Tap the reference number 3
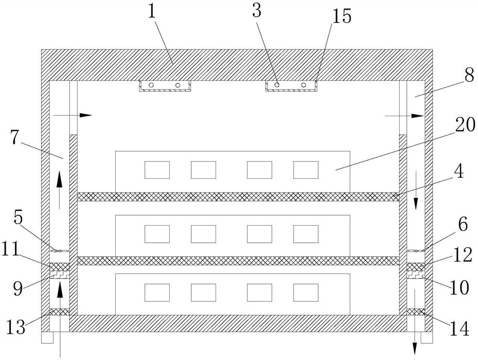[x=257, y=11]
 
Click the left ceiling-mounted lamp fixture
[x=165, y=86]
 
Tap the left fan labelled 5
[x=59, y=250]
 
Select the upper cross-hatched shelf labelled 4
[x=238, y=196]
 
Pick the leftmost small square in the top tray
[x=157, y=170]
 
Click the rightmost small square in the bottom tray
[x=305, y=292]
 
